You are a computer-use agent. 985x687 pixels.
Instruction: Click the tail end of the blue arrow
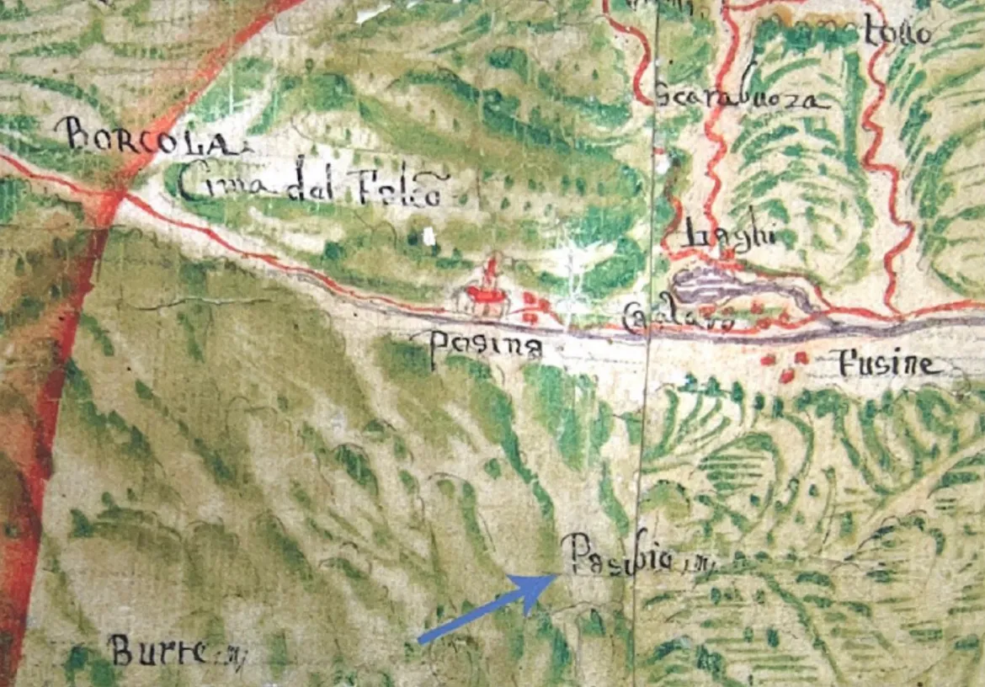[x=420, y=642]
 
